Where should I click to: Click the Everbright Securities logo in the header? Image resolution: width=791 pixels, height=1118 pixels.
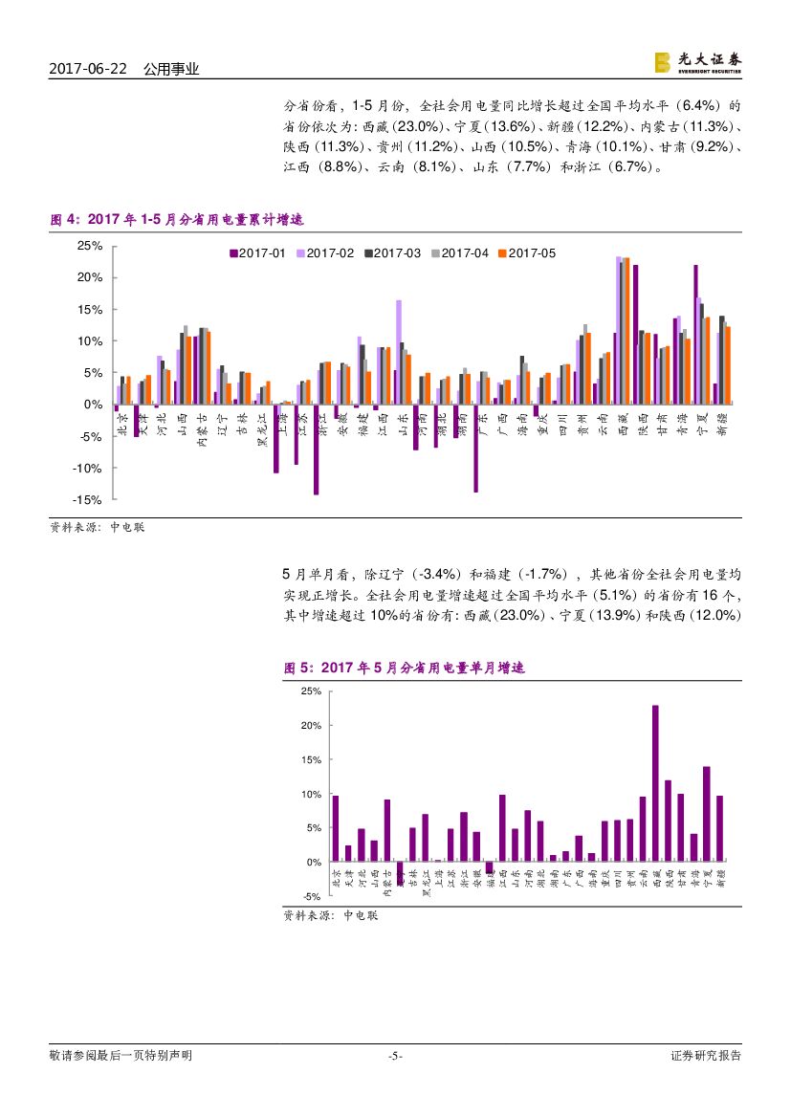coord(697,62)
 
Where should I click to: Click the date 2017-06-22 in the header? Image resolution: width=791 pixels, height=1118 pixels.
coord(89,69)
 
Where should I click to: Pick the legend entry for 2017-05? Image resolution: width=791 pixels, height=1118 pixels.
coord(527,253)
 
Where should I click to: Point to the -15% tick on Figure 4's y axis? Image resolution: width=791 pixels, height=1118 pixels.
coord(89,500)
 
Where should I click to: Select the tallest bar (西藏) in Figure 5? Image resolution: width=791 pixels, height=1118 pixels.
coord(655,783)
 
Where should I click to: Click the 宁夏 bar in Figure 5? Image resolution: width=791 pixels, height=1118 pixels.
coord(707,814)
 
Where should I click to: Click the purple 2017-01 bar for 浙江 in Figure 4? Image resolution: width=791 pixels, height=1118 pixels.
coord(316,449)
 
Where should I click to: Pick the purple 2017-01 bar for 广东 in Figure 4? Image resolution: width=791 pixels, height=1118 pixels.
coord(475,449)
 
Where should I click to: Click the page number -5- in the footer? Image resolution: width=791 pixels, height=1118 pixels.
coord(395,1056)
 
